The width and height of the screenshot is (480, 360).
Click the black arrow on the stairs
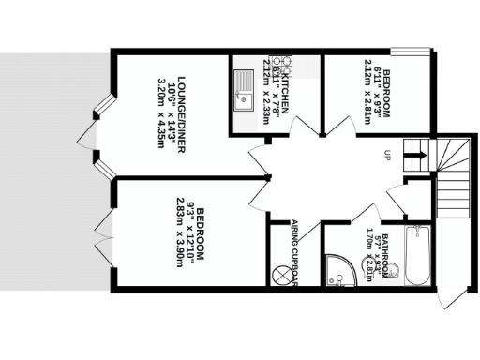point(419,150)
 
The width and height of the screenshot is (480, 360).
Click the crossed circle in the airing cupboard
point(281,276)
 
